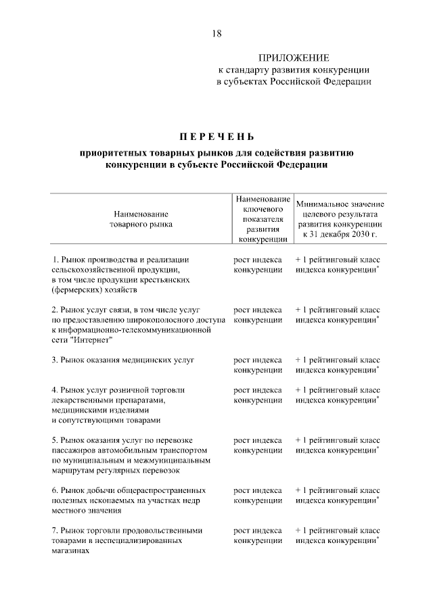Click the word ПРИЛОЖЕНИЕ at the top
point(294,58)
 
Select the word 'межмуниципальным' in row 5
point(173,461)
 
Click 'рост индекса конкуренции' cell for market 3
point(258,365)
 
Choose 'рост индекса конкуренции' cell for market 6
point(258,495)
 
